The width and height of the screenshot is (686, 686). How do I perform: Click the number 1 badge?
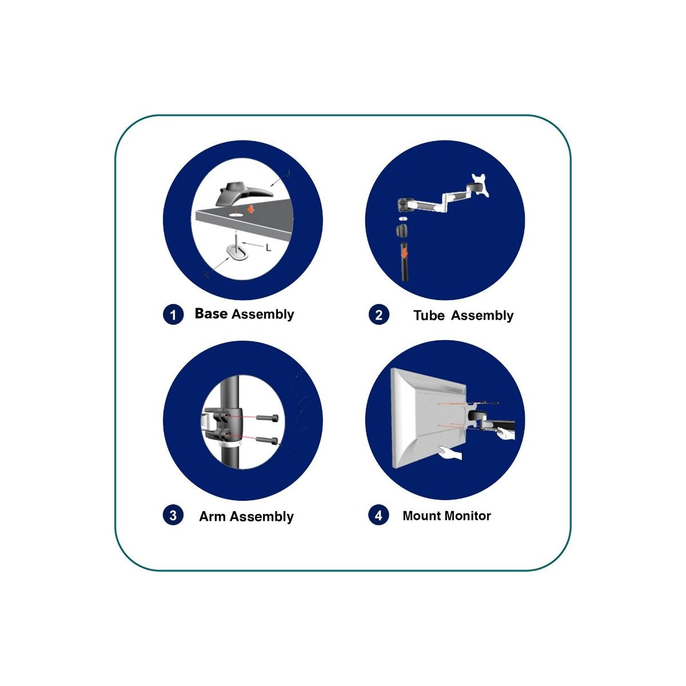[x=173, y=314]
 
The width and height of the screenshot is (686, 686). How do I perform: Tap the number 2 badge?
[x=379, y=314]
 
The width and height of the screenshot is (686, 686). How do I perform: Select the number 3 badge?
[x=173, y=515]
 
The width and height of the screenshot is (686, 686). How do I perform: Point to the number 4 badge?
[x=379, y=515]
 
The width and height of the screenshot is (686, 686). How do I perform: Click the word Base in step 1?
[x=211, y=314]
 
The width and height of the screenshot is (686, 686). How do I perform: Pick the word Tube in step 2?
[x=429, y=316]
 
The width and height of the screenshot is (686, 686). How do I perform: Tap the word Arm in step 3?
[x=212, y=516]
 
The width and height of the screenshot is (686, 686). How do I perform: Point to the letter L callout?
[x=269, y=248]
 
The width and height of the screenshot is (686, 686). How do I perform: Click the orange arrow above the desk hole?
[x=251, y=209]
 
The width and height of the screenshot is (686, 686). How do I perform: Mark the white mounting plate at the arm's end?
[x=480, y=185]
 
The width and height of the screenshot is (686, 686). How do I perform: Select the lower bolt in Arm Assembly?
[x=266, y=440]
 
